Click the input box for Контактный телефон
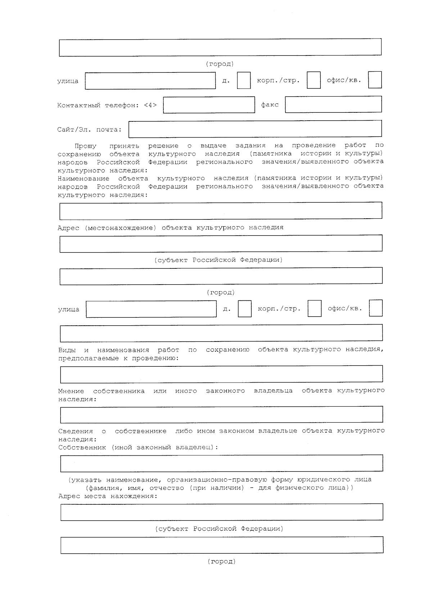pyautogui.click(x=209, y=105)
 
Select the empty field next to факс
pyautogui.click(x=333, y=104)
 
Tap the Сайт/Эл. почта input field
pyautogui.click(x=255, y=129)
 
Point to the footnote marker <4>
pyautogui.click(x=150, y=105)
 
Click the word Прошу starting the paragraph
pyautogui.click(x=85, y=146)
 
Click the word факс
pyautogui.click(x=270, y=105)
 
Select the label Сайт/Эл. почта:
pyautogui.click(x=89, y=130)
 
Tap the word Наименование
pyautogui.click(x=84, y=178)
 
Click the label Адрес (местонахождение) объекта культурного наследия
pyautogui.click(x=171, y=228)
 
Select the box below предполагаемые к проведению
pyautogui.click(x=221, y=374)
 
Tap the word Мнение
pyautogui.click(x=71, y=391)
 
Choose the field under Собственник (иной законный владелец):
pyautogui.click(x=221, y=463)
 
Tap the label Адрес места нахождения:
pyautogui.click(x=108, y=496)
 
